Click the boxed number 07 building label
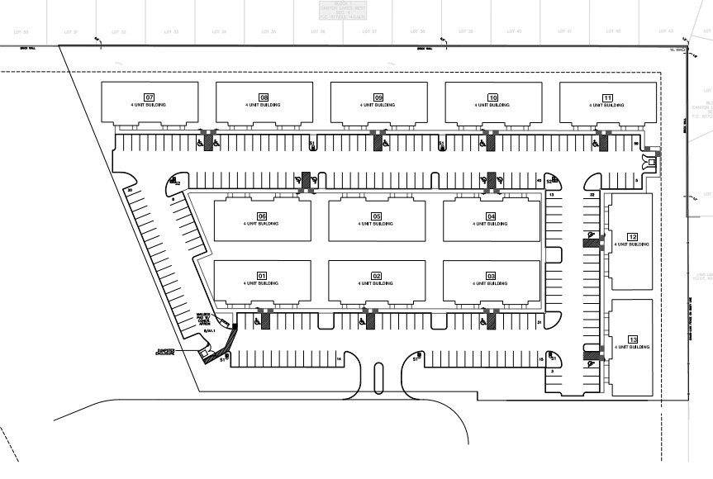click(150, 97)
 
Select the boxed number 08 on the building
click(264, 97)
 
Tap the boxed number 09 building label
click(378, 97)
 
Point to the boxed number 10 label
click(492, 97)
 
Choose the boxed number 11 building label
click(607, 97)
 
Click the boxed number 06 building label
click(261, 216)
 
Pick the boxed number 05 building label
click(376, 216)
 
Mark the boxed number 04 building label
click(490, 216)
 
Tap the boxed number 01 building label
click(261, 275)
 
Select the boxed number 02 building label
click(376, 275)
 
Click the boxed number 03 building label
click(490, 275)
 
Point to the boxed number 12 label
click(633, 236)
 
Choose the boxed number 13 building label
click(633, 339)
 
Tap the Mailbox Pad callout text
click(205, 319)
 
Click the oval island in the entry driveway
click(379, 379)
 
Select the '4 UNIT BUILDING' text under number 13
click(633, 347)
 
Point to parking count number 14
click(339, 359)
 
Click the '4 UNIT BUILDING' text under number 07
click(150, 106)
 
